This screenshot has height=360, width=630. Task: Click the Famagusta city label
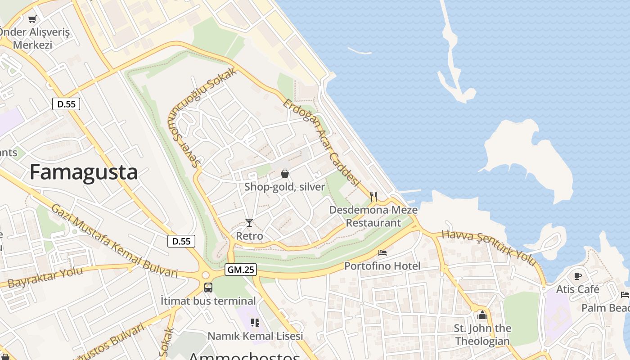click(x=84, y=172)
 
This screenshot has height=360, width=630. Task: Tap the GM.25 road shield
click(x=241, y=270)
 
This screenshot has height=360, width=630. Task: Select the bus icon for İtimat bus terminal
click(x=208, y=287)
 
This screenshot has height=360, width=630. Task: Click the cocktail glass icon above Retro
click(x=249, y=222)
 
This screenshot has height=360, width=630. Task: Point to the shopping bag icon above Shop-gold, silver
click(x=284, y=173)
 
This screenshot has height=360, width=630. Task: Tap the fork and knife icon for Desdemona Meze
click(x=373, y=196)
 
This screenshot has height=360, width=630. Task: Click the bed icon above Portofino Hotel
click(x=382, y=253)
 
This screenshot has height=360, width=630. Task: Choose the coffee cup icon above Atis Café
click(x=578, y=276)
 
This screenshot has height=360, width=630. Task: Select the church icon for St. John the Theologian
click(x=482, y=315)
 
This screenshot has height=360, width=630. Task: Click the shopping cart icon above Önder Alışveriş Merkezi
click(x=32, y=19)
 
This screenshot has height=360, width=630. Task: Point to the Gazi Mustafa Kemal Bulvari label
click(x=114, y=241)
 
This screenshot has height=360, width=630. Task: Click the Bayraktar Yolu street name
click(x=45, y=277)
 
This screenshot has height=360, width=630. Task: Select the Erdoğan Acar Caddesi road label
click(x=322, y=143)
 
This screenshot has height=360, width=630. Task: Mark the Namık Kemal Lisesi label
click(x=255, y=336)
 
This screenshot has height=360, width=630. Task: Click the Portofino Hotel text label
click(x=382, y=266)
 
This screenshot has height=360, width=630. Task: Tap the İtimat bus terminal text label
click(x=208, y=301)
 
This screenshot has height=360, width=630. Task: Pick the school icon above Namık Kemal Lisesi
click(x=255, y=322)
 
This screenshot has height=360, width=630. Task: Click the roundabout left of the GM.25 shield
click(x=206, y=274)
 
